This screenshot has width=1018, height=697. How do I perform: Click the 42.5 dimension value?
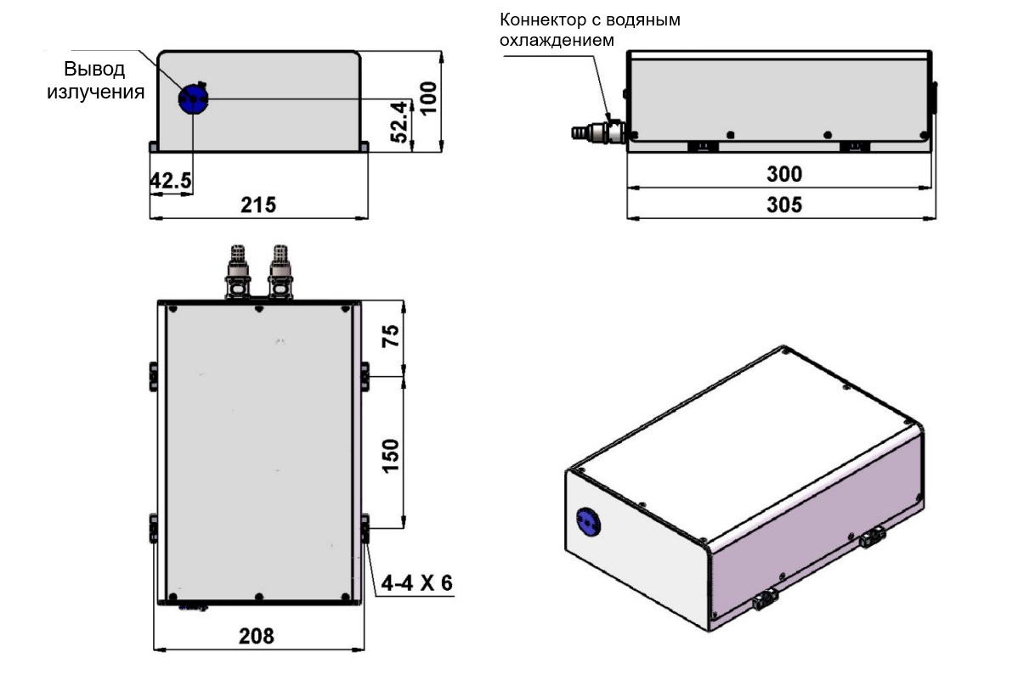pos(171,180)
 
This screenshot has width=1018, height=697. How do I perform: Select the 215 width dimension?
pos(258,205)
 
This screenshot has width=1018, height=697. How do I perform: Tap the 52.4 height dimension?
pos(400,121)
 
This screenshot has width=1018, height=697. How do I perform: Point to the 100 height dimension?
pos(428,98)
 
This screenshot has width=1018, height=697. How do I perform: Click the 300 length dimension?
pos(784,174)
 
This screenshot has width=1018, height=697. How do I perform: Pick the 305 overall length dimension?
pos(784,205)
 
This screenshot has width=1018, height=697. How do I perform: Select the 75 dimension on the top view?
pos(390,336)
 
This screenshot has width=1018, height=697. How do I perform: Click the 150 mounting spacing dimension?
pos(390,456)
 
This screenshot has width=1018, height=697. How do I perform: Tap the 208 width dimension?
pos(257,636)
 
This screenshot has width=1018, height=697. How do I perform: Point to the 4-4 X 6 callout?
pos(417,583)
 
